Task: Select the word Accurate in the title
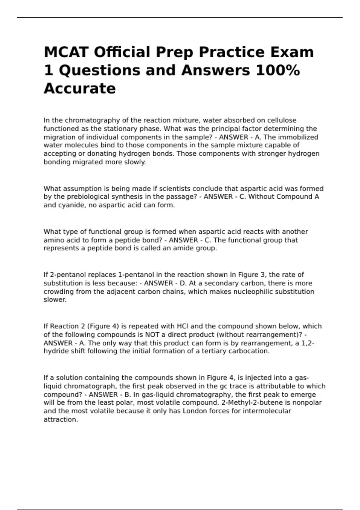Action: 80,88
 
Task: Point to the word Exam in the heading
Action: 292,52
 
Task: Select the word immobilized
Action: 298,137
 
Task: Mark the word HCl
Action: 183,326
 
